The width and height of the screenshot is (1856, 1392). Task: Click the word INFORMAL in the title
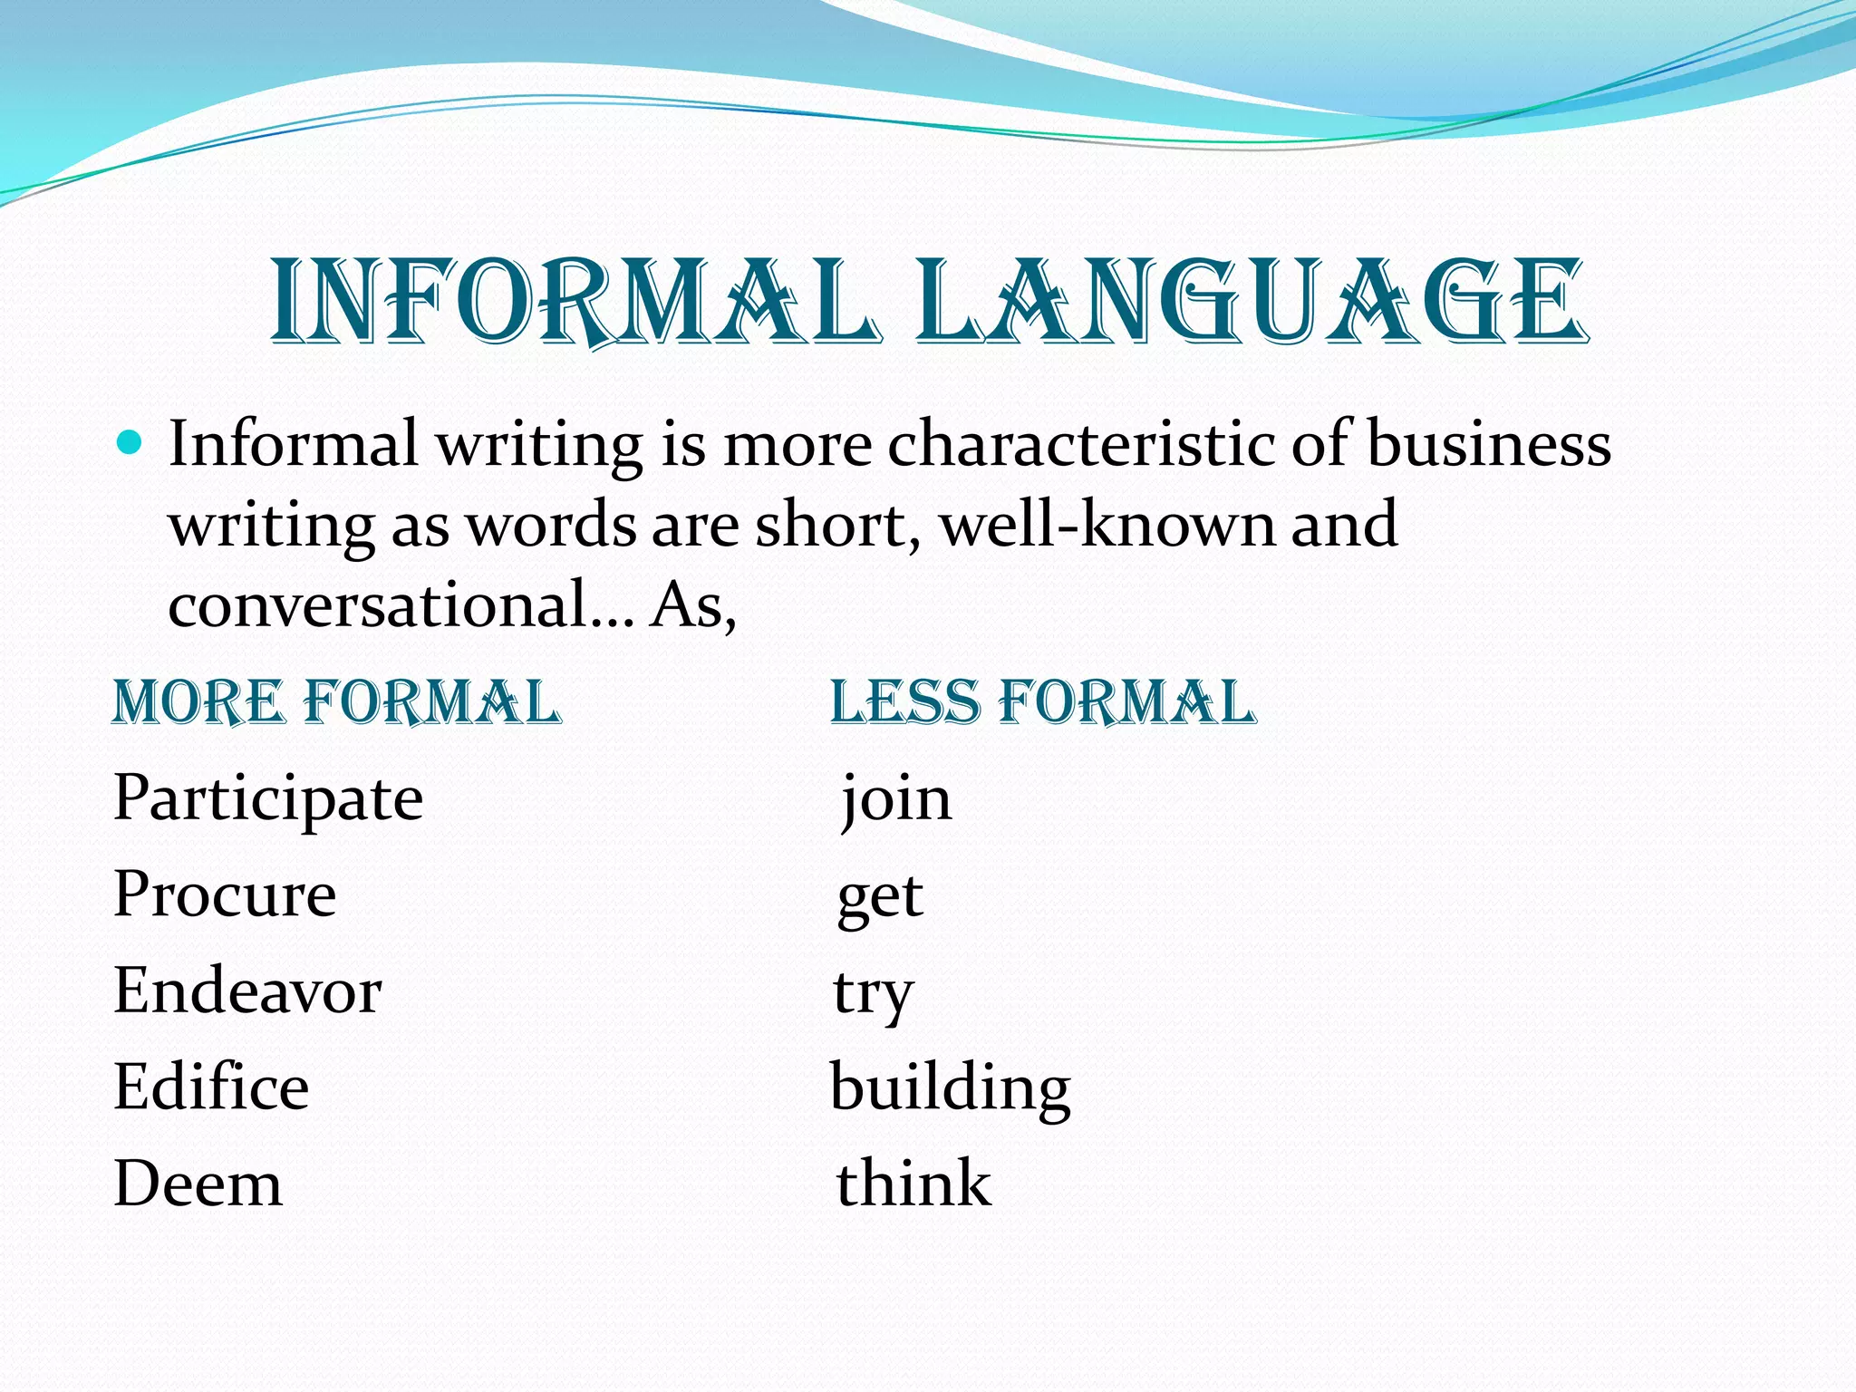pyautogui.click(x=575, y=302)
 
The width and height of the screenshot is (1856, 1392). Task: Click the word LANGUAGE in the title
pyautogui.click(x=1251, y=302)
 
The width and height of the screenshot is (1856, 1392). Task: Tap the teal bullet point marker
pyautogui.click(x=130, y=443)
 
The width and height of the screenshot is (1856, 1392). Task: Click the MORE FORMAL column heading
pyautogui.click(x=336, y=702)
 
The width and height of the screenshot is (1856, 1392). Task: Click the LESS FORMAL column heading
pyautogui.click(x=1043, y=702)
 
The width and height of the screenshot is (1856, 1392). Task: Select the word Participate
pyautogui.click(x=268, y=799)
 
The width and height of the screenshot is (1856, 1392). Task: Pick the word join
pyautogui.click(x=895, y=799)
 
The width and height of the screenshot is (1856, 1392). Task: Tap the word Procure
pyautogui.click(x=225, y=895)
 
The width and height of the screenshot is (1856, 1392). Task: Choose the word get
pyautogui.click(x=879, y=897)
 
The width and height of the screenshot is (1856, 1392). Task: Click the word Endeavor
pyautogui.click(x=247, y=991)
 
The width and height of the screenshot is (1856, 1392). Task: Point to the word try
pyautogui.click(x=873, y=995)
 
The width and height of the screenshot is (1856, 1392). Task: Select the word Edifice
pyautogui.click(x=211, y=1087)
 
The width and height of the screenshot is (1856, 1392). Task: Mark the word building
pyautogui.click(x=950, y=1089)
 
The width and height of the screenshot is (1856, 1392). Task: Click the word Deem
pyautogui.click(x=198, y=1184)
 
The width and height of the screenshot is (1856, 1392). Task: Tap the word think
pyautogui.click(x=913, y=1184)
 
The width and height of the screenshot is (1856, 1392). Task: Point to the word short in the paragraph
pyautogui.click(x=830, y=525)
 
